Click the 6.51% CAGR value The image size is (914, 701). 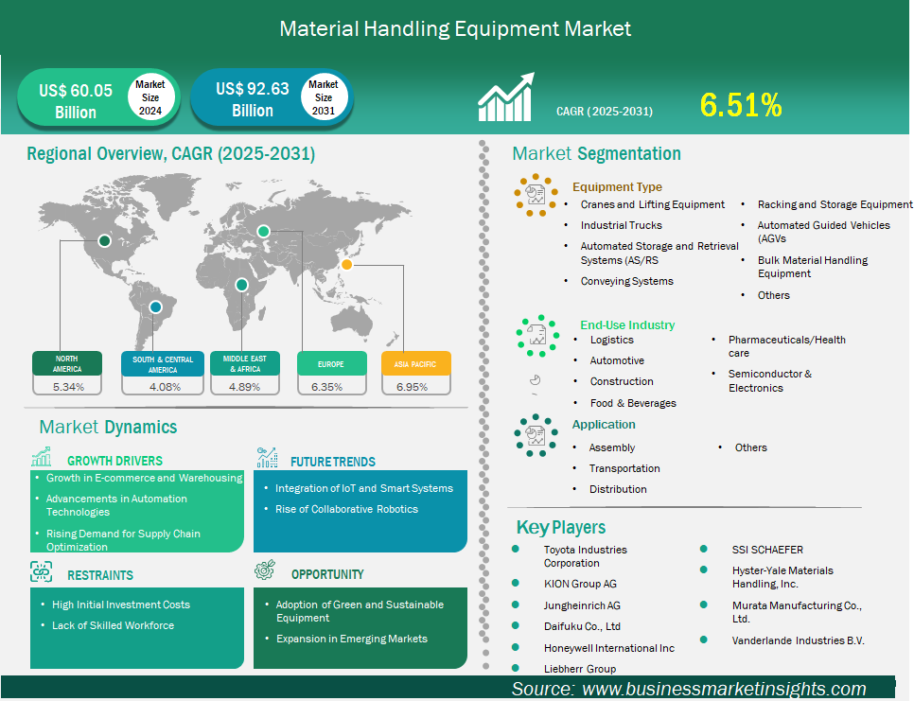pyautogui.click(x=740, y=105)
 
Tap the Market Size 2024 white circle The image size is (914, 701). pyautogui.click(x=150, y=97)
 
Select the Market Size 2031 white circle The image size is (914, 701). pyautogui.click(x=324, y=97)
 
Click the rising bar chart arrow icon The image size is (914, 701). pyautogui.click(x=505, y=96)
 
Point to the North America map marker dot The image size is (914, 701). pyautogui.click(x=104, y=240)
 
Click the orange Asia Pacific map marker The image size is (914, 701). pyautogui.click(x=346, y=265)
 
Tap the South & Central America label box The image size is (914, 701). pyautogui.click(x=163, y=364)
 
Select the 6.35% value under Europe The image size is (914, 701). pyautogui.click(x=327, y=387)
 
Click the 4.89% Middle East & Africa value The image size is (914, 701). pyautogui.click(x=245, y=387)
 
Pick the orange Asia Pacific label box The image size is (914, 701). pyautogui.click(x=416, y=363)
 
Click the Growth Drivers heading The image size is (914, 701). pyautogui.click(x=114, y=461)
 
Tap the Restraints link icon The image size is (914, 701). pyautogui.click(x=42, y=571)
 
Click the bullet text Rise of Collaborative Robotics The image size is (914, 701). pyautogui.click(x=347, y=509)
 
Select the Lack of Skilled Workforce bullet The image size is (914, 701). pyautogui.click(x=114, y=625)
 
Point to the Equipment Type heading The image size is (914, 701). pyautogui.click(x=617, y=187)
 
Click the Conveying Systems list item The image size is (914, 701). pyautogui.click(x=626, y=282)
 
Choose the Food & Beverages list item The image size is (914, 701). pyautogui.click(x=633, y=403)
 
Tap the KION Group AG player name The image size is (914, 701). pyautogui.click(x=580, y=584)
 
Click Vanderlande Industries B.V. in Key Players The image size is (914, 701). pyautogui.click(x=798, y=640)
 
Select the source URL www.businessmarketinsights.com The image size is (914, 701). pyautogui.click(x=724, y=689)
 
